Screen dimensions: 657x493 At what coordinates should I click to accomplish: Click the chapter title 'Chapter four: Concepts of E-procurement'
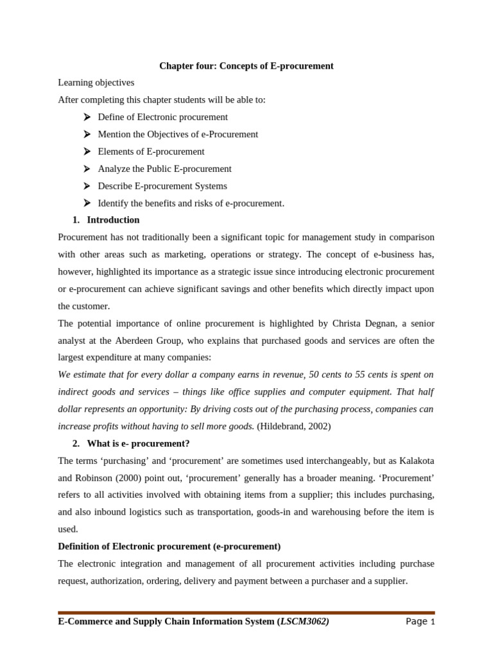point(246,66)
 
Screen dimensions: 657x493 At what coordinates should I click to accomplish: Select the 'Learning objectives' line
point(96,83)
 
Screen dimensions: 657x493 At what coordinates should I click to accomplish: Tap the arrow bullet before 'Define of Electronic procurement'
point(87,117)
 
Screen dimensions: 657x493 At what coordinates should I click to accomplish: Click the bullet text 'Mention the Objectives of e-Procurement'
point(178,134)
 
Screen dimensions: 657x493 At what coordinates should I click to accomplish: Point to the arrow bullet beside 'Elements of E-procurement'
point(87,151)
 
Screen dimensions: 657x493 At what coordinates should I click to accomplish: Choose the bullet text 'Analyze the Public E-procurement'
point(164,169)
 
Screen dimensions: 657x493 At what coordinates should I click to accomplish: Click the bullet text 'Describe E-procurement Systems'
point(162,186)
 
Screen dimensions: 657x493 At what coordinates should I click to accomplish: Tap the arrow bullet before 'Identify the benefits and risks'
point(87,203)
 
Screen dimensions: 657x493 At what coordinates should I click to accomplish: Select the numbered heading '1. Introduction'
point(106,220)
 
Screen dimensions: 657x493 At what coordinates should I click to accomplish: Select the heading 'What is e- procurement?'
point(138,443)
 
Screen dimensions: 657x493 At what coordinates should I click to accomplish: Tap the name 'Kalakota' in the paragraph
point(417,461)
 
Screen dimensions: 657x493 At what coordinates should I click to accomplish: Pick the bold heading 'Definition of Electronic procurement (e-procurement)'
point(169,547)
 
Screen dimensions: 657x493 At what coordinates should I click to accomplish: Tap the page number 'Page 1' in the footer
point(420,622)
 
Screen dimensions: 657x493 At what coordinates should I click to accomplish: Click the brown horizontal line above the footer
point(246,613)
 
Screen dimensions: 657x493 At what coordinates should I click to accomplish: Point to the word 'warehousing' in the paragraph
point(354,512)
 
